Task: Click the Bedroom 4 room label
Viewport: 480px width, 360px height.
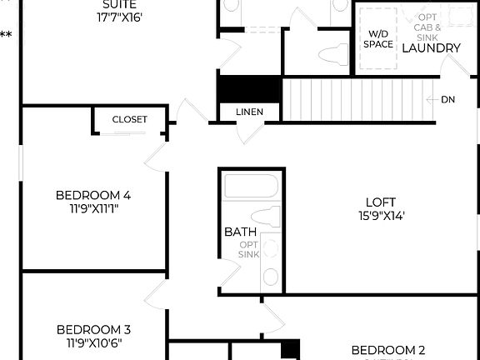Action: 93,196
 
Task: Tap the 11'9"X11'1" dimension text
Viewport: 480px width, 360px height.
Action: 93,209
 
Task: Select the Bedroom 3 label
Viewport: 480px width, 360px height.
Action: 93,329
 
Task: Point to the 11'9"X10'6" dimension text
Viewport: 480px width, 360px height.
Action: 93,342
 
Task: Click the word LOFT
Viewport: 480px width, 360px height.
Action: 381,202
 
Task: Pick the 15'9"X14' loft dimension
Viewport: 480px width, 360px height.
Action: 381,215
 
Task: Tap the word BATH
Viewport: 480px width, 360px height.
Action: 234,232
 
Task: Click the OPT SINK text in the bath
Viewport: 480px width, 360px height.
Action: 248,249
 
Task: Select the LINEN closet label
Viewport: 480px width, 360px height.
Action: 249,112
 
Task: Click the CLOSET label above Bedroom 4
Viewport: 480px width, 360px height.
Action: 129,120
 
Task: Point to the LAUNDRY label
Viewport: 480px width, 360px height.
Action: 431,48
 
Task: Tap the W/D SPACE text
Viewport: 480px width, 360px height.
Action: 378,39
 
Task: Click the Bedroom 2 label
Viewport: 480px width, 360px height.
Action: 388,350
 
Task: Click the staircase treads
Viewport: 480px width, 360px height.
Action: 350,99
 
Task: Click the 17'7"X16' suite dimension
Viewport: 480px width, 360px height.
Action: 126,16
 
